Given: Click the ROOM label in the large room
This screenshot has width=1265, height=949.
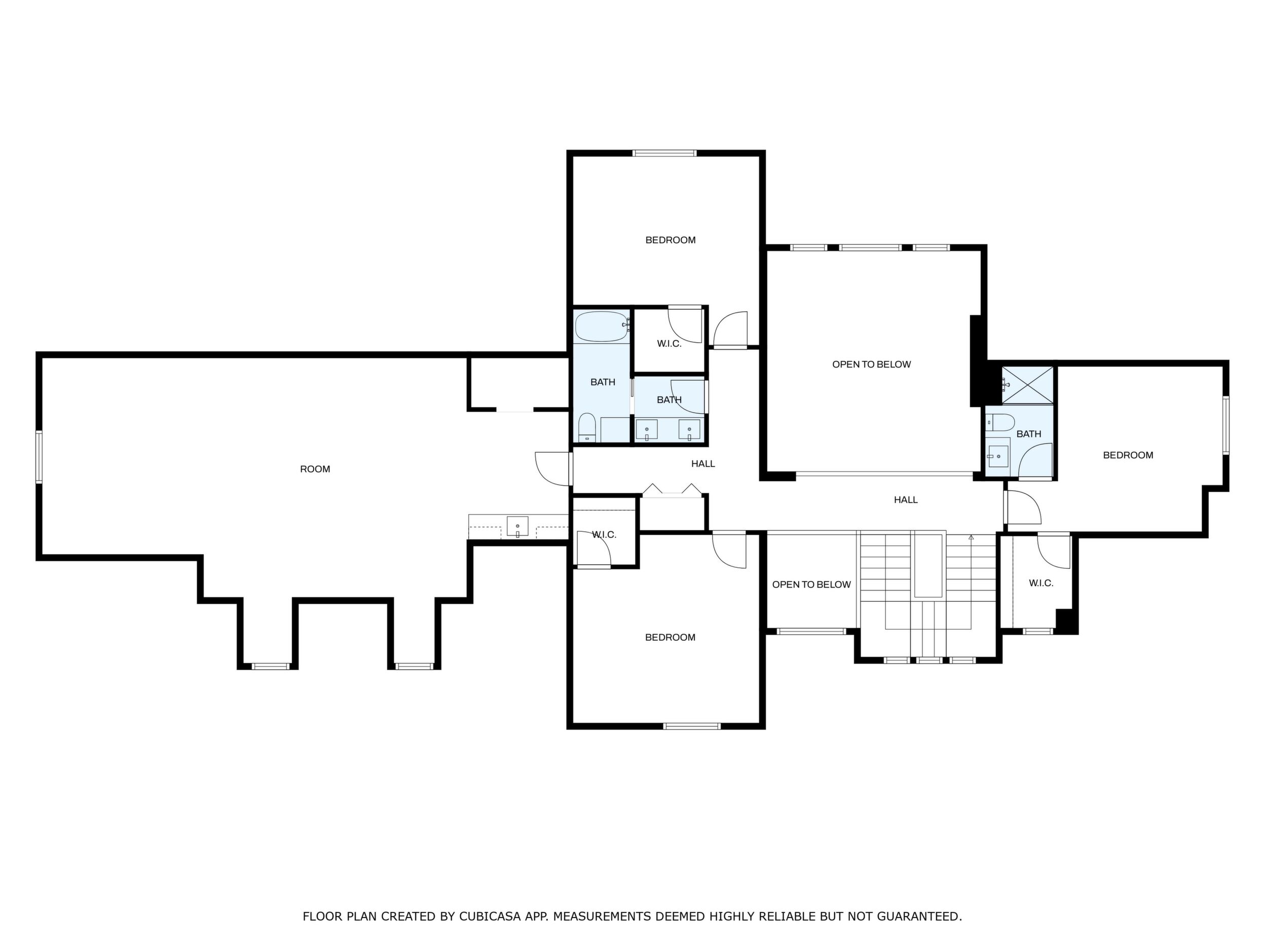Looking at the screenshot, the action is (315, 469).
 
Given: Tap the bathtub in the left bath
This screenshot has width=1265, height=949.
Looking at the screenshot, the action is (602, 326).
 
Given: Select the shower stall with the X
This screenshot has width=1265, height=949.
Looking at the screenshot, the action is (1027, 385).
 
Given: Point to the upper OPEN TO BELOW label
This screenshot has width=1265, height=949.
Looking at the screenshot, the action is (871, 364).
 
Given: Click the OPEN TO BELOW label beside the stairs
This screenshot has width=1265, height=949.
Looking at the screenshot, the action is (811, 585).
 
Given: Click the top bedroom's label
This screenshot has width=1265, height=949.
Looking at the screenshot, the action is (670, 240).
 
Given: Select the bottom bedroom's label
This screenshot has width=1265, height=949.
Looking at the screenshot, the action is (670, 637).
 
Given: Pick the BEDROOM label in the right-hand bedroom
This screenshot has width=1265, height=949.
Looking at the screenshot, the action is (1128, 455).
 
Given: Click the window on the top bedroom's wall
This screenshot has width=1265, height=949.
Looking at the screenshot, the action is (664, 153).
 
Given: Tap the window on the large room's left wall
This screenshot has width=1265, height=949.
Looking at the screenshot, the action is (39, 457).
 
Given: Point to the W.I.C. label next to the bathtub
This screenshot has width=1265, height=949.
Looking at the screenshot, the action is (669, 344).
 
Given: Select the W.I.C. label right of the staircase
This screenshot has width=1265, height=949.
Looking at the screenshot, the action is (1041, 583).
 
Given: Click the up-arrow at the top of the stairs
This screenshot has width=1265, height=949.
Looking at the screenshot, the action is (971, 538).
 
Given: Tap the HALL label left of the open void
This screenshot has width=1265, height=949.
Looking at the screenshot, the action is (703, 464).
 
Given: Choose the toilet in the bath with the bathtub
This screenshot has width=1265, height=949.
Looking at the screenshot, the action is (587, 428).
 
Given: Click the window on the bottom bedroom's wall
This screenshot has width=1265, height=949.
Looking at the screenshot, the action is (692, 726).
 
